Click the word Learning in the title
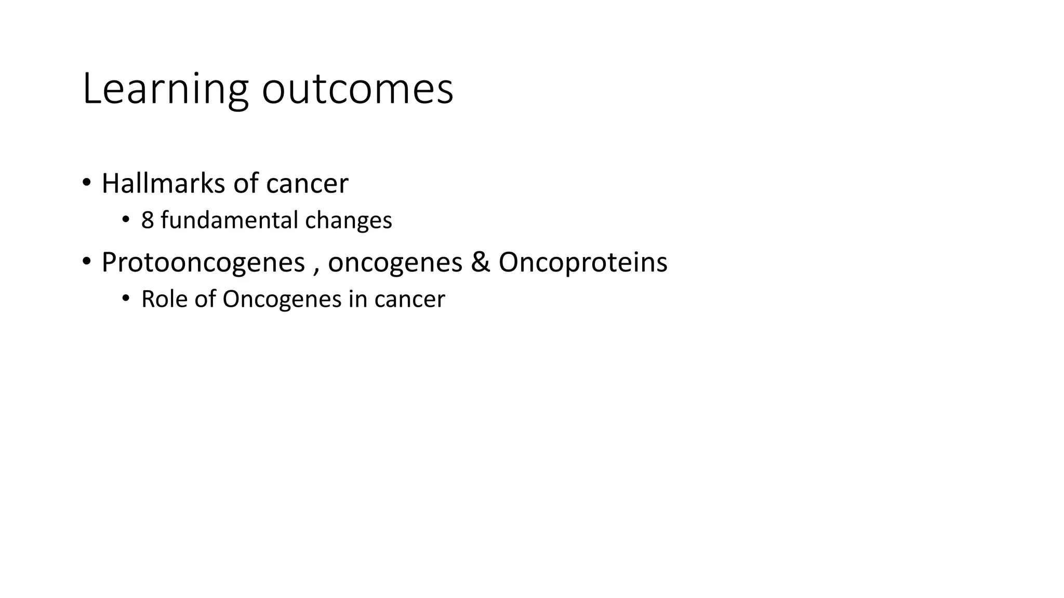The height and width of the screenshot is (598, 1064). (x=165, y=90)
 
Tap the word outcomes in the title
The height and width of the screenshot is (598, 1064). (x=357, y=90)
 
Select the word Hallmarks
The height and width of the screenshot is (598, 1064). (x=164, y=184)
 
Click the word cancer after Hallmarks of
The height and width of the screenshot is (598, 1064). (x=307, y=184)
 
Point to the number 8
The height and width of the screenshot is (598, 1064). (x=148, y=221)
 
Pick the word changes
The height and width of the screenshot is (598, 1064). (x=349, y=221)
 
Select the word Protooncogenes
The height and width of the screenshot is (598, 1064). (x=203, y=263)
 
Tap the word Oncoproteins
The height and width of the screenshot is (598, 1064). (x=583, y=263)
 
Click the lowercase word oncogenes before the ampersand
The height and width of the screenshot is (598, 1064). (x=395, y=263)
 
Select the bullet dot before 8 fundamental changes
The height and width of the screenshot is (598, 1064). (x=125, y=220)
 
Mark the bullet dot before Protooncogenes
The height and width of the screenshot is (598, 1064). (x=86, y=262)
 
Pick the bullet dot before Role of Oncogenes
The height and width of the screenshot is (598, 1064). (x=125, y=299)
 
